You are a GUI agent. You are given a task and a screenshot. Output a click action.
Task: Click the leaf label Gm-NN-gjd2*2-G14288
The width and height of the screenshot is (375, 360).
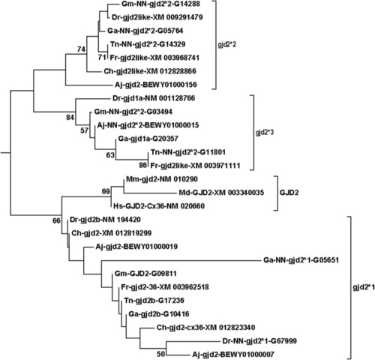coord(160,4)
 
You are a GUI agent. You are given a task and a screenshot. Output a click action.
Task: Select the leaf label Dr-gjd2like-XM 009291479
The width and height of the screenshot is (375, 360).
coord(157,17)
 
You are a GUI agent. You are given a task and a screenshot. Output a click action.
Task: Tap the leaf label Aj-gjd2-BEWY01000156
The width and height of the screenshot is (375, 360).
coord(156,85)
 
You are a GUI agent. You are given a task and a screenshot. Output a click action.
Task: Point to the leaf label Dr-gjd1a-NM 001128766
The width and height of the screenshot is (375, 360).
coord(154,98)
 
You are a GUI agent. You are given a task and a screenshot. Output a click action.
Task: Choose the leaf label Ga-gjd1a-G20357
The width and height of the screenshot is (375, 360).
coord(148,139)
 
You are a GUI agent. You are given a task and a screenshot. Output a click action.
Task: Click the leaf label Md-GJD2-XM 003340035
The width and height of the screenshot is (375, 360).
coord(221,193)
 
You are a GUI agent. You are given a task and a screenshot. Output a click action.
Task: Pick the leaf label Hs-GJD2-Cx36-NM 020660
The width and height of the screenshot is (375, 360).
coord(159,206)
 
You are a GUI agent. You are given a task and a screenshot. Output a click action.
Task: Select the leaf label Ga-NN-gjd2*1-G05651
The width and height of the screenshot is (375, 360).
coord(301,260)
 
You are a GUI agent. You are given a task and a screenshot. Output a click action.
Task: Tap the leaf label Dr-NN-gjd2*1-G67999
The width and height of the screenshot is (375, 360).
coord(259,340)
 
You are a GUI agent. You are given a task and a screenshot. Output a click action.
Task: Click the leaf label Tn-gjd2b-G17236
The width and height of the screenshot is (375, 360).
coord(154,300)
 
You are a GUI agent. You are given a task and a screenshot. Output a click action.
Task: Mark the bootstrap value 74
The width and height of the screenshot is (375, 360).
coord(81,49)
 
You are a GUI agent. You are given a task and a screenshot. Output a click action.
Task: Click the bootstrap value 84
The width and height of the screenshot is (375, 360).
coord(70,117)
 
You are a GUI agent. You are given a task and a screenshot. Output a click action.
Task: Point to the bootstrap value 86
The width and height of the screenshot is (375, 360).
coord(142,165)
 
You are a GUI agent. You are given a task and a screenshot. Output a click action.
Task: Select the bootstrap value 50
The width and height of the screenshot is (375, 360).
coord(161,354)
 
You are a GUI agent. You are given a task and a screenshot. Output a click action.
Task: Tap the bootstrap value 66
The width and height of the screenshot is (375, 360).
coord(56,220)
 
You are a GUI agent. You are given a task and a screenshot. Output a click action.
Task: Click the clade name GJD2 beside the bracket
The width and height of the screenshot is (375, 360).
coord(289,193)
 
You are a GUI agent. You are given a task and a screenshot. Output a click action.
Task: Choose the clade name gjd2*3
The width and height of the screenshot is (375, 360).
coord(265,132)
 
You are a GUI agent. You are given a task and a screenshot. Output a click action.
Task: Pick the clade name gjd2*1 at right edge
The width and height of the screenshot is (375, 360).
coord(364,287)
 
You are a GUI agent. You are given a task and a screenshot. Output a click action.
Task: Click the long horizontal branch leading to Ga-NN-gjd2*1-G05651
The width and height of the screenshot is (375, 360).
coord(181,260)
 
